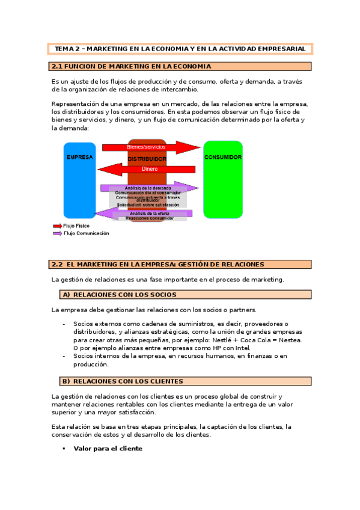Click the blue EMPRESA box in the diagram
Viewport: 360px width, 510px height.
79,180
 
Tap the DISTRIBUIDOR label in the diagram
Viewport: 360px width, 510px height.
147,159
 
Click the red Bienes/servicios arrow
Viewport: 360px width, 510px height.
150,147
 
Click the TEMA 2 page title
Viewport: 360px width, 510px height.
180,49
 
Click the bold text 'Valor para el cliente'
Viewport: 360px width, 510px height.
108,449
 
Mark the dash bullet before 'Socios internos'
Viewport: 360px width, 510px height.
64,355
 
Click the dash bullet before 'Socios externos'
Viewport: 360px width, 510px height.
64,324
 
